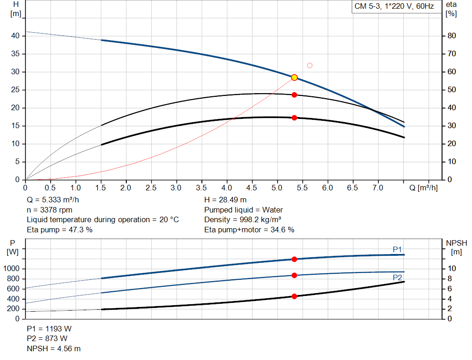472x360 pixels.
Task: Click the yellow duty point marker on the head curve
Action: pyautogui.click(x=294, y=77)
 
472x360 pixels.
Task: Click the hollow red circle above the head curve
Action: pyautogui.click(x=310, y=65)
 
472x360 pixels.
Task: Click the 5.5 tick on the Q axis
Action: pyautogui.click(x=302, y=188)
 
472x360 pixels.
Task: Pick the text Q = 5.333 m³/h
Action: pyautogui.click(x=56, y=200)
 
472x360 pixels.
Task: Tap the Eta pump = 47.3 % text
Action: pyautogui.click(x=59, y=230)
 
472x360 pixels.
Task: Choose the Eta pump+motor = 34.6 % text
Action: pyautogui.click(x=249, y=230)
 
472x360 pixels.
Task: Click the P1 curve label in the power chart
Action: pyautogui.click(x=397, y=249)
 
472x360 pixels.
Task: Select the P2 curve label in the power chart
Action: pyautogui.click(x=397, y=277)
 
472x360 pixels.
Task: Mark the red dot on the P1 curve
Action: pyautogui.click(x=294, y=259)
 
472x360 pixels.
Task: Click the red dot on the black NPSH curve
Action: pyautogui.click(x=294, y=296)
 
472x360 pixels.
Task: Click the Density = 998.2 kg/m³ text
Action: pyautogui.click(x=242, y=220)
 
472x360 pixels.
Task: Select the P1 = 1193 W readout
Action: pyautogui.click(x=49, y=329)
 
